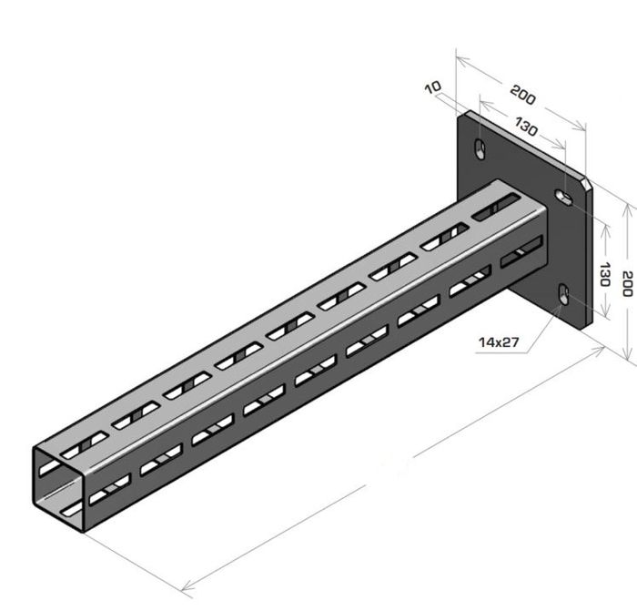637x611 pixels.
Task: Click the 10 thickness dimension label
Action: coord(433,87)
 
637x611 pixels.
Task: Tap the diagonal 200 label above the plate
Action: coord(523,95)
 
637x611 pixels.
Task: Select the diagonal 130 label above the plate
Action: coord(527,127)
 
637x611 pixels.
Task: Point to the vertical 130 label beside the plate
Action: coord(605,274)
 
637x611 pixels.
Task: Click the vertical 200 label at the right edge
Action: coord(627,284)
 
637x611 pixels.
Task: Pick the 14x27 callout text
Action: coord(499,342)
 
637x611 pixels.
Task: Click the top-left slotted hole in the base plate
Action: coord(480,148)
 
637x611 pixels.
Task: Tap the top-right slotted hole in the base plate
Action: coord(564,197)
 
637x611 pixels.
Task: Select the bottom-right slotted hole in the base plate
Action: coord(563,293)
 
